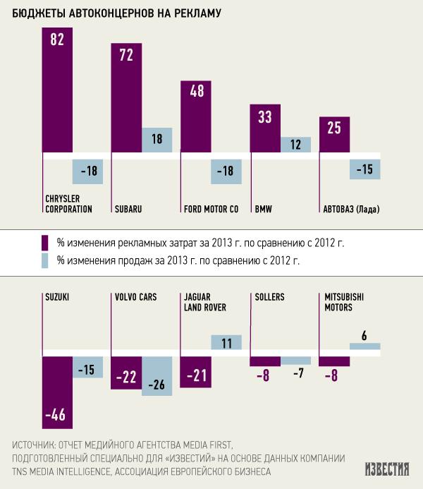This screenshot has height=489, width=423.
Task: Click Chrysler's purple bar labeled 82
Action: click(x=58, y=92)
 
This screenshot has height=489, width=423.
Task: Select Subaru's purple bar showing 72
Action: click(x=127, y=99)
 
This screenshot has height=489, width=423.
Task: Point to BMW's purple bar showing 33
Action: click(x=265, y=128)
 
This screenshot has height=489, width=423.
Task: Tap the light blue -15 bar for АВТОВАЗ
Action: click(x=364, y=169)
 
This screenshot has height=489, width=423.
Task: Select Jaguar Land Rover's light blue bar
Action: click(x=226, y=344)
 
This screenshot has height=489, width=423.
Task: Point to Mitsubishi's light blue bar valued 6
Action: click(x=364, y=346)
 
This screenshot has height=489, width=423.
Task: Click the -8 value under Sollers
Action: click(x=265, y=375)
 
